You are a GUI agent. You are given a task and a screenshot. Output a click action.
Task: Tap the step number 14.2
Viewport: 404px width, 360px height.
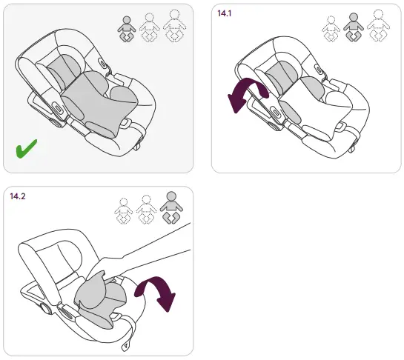[x=19, y=197]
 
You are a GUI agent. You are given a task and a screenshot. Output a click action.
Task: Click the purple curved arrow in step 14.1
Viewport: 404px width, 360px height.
[x=244, y=93]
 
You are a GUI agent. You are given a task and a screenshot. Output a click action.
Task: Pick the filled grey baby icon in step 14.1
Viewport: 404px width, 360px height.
[x=354, y=28]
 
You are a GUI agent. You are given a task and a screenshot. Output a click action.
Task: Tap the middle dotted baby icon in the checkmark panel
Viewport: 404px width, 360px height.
[x=150, y=27]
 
